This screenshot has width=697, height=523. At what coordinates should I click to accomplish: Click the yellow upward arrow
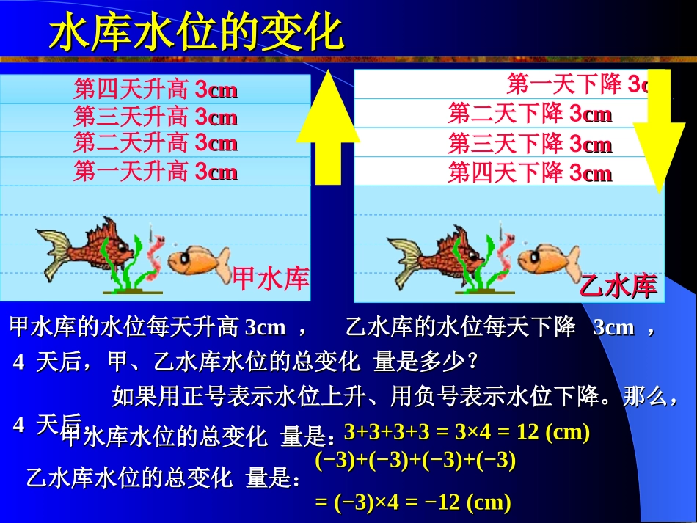click(328, 132)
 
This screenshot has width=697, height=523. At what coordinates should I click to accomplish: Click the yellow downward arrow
click(659, 132)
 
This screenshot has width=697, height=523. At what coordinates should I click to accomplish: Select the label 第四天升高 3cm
click(156, 90)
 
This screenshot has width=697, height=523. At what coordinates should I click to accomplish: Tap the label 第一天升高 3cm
click(156, 172)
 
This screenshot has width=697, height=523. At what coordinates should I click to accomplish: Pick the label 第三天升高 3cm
click(156, 117)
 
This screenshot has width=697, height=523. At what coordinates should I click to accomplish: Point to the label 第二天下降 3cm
click(530, 114)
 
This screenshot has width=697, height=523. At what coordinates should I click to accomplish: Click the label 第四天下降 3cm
click(530, 173)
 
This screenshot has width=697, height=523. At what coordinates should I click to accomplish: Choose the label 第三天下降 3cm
click(530, 143)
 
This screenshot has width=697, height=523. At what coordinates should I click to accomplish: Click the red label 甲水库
click(271, 278)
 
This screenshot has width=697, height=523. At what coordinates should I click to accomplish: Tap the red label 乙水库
click(618, 285)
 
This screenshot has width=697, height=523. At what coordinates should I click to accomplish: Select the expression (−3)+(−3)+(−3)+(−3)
click(415, 461)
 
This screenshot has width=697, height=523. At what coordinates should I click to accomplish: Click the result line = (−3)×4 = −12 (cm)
click(412, 502)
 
